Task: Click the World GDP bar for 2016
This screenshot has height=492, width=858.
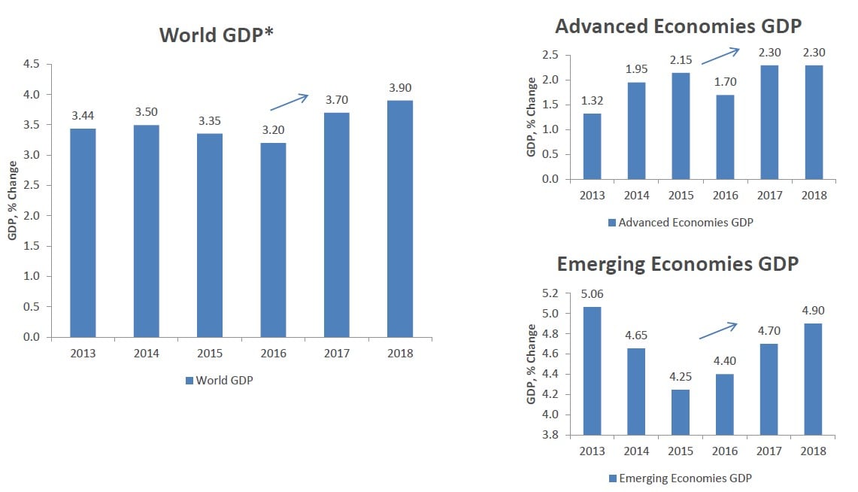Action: [x=273, y=240]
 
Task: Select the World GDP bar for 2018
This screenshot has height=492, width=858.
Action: [x=400, y=218]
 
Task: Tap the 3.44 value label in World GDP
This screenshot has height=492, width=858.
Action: [x=83, y=116]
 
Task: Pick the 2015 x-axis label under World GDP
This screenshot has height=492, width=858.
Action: [x=210, y=353]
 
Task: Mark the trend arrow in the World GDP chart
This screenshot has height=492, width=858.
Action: [x=290, y=102]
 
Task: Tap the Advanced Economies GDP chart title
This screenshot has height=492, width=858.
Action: [x=678, y=26]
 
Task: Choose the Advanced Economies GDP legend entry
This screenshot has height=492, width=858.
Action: [x=680, y=222]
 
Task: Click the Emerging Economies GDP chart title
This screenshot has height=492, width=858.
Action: [x=678, y=264]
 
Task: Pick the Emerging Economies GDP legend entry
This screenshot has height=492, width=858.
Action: [x=680, y=478]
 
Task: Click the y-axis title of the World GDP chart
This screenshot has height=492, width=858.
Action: [x=13, y=200]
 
